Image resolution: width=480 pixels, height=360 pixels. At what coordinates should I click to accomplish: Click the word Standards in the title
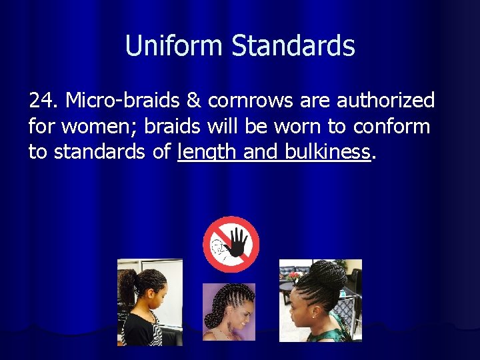click(x=293, y=46)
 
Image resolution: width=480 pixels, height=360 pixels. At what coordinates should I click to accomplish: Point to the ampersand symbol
click(x=194, y=101)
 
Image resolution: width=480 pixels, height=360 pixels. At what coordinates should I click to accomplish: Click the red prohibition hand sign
click(x=231, y=244)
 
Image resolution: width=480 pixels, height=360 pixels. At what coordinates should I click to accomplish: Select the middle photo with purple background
click(x=228, y=312)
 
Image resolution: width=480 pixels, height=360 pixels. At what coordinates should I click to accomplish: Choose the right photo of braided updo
click(x=320, y=301)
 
